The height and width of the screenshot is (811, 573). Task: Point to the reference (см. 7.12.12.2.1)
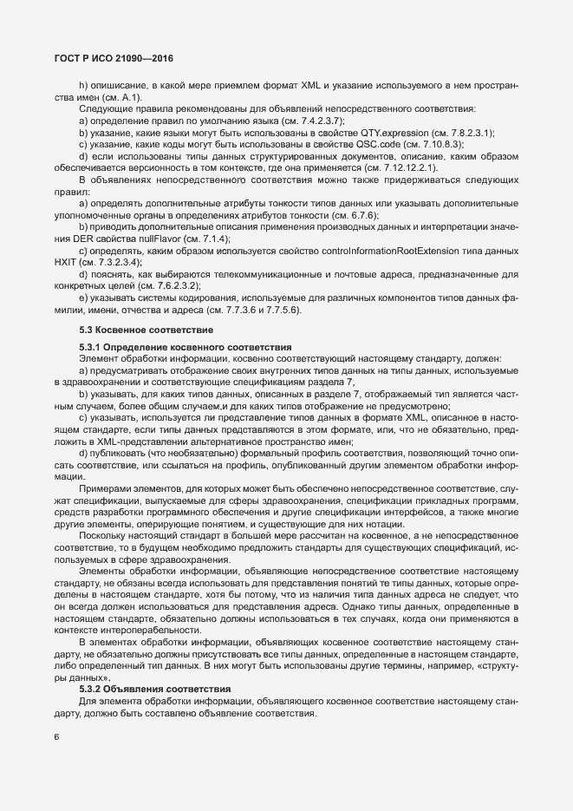[x=464, y=167]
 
